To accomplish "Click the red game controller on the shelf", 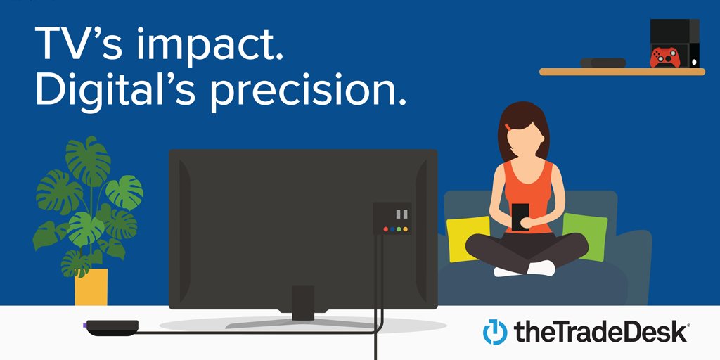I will pos(664,56).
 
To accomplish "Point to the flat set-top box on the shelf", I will pos(603,63).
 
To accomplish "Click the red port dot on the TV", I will pos(385,229).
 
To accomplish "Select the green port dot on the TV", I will pos(399,229).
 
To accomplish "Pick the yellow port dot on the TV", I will pos(392,229).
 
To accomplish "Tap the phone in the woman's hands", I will pos(520,215).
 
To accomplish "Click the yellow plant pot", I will pos(91,286).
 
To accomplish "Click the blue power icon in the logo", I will pos(494,332).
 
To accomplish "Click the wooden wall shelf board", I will pos(622,71).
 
